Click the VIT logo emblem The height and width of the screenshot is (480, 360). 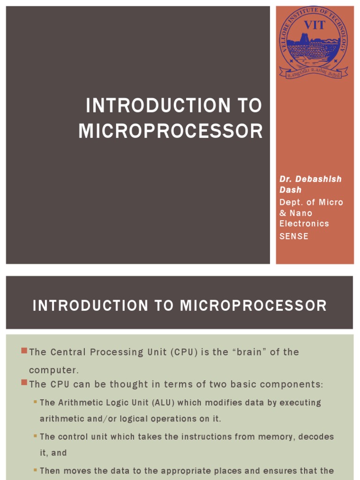(x=314, y=43)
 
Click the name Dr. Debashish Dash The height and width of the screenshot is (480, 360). (x=310, y=184)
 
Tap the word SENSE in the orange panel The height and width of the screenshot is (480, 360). (x=294, y=236)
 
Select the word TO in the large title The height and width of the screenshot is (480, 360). (x=249, y=105)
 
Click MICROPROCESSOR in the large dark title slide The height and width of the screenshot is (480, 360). (x=171, y=131)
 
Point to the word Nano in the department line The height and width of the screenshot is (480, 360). (x=300, y=213)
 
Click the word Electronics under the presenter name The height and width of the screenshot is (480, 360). (x=304, y=224)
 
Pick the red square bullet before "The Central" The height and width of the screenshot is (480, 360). (x=24, y=351)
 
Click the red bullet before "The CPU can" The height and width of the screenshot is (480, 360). (x=24, y=383)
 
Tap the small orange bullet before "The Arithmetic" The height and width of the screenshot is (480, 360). (x=35, y=402)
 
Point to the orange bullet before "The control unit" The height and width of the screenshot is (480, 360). (x=35, y=436)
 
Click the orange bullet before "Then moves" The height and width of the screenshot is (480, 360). (x=35, y=470)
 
